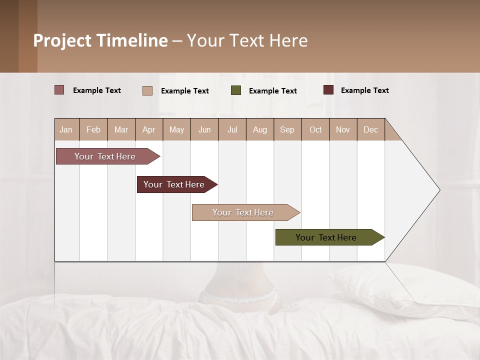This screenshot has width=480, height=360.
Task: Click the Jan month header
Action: (x=66, y=129)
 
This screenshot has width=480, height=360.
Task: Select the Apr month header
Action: (x=149, y=129)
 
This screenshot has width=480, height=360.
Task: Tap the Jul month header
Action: (x=232, y=129)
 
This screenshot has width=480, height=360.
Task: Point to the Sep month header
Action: (x=287, y=129)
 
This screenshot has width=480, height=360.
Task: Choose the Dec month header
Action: (x=370, y=129)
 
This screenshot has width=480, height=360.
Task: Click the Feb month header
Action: (x=93, y=129)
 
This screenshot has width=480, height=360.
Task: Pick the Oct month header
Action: (x=315, y=129)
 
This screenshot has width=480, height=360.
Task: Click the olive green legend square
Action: (x=236, y=90)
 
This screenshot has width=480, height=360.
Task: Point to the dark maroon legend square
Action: (x=328, y=90)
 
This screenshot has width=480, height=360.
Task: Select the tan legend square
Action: (x=147, y=90)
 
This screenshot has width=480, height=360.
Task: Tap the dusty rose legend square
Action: (x=59, y=90)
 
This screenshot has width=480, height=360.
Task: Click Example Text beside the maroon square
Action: (x=364, y=90)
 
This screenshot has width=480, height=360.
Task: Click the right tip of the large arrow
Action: (x=438, y=190)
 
